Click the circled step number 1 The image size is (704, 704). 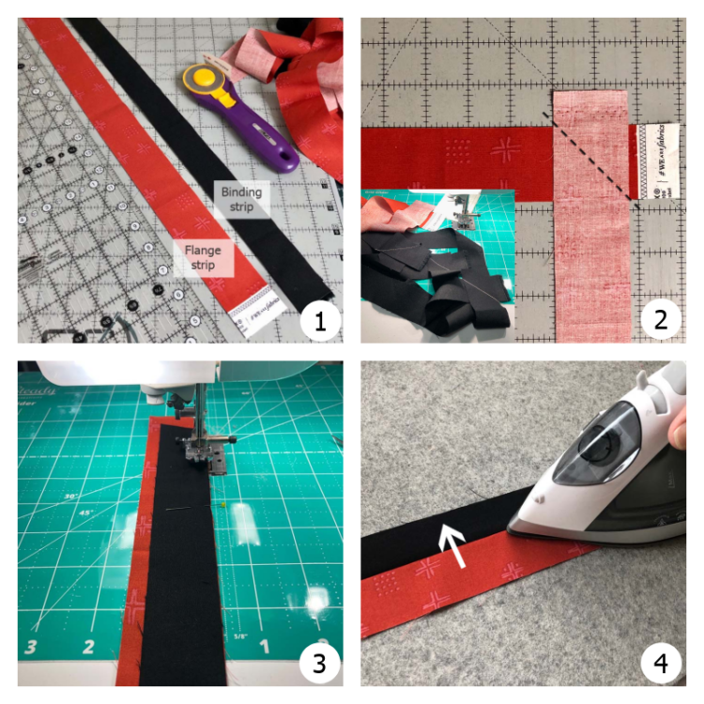click(x=319, y=321)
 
